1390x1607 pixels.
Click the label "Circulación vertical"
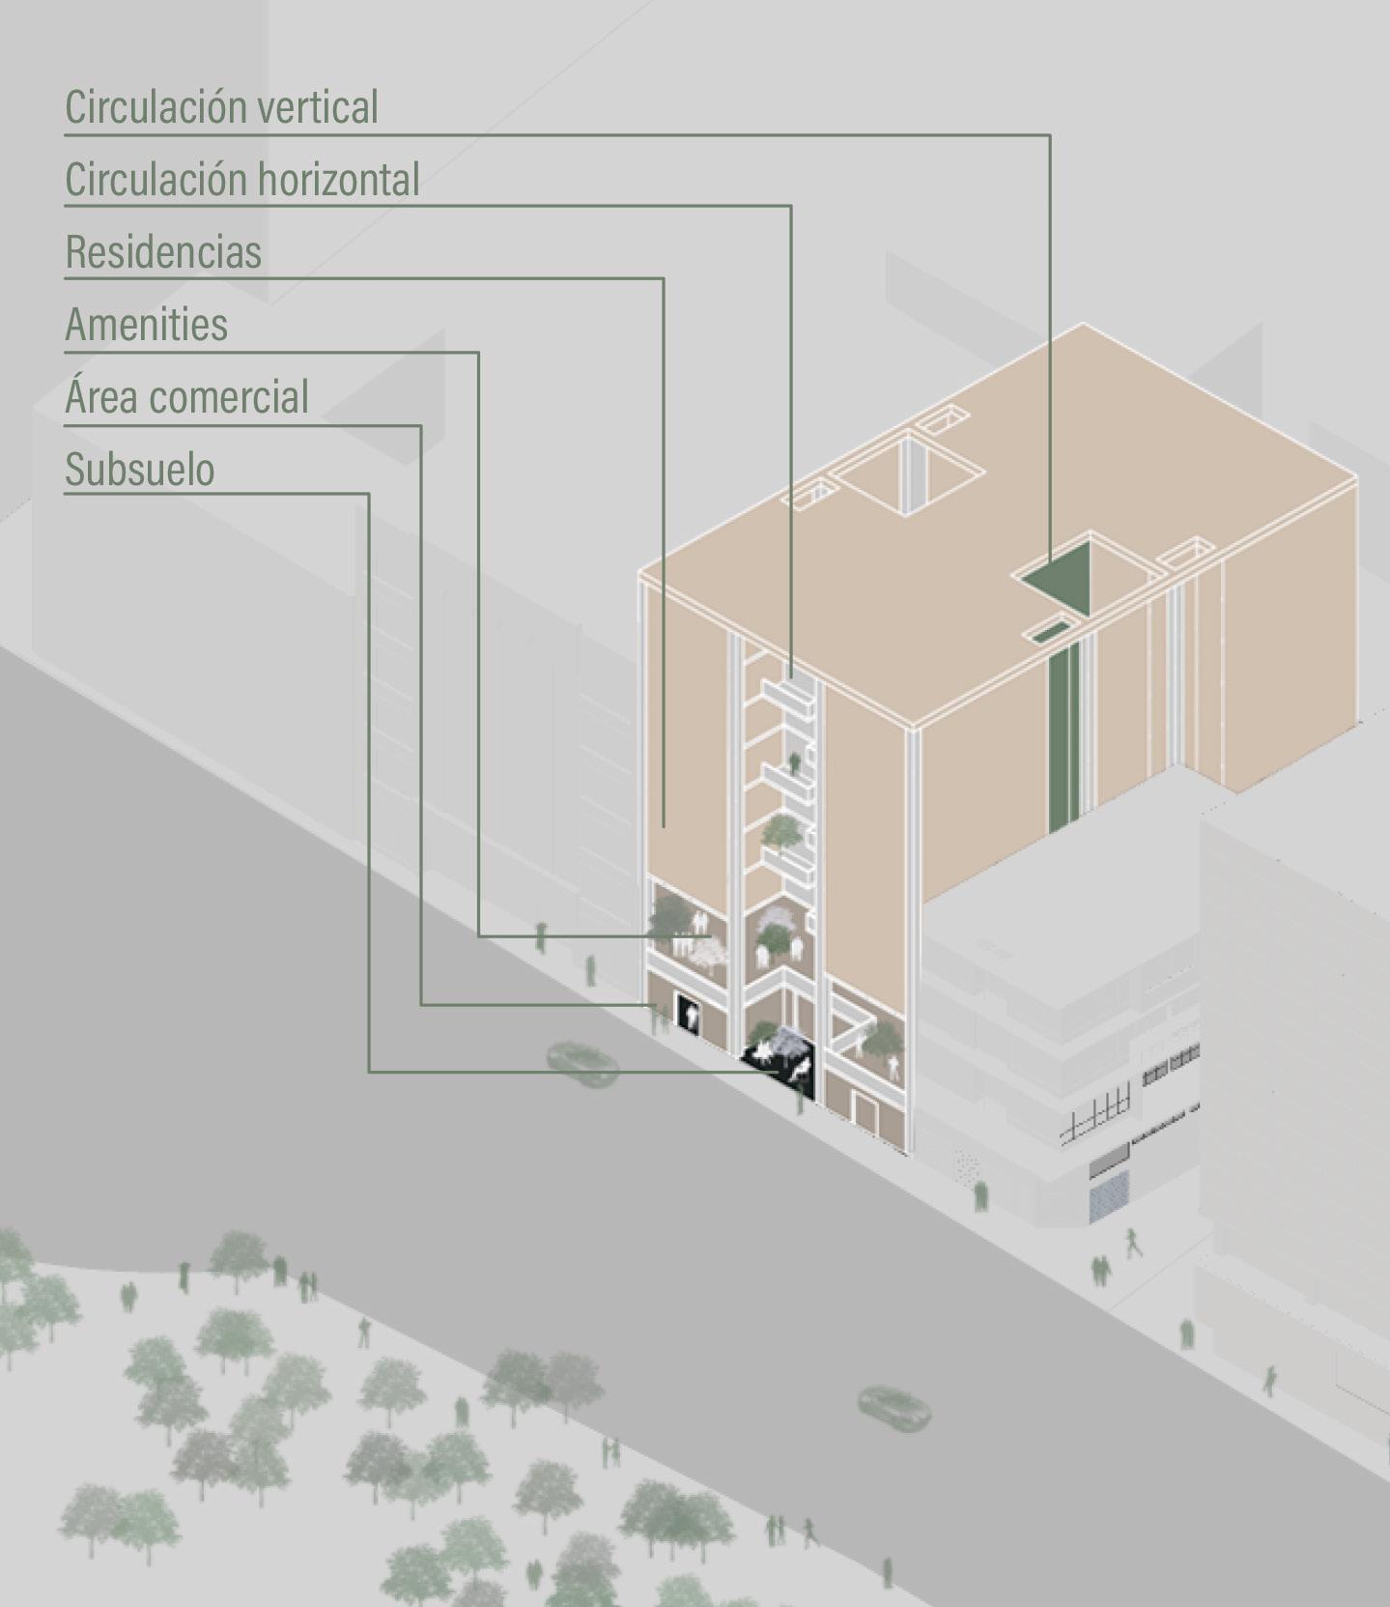tap(221, 107)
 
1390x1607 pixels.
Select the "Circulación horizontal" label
tap(241, 180)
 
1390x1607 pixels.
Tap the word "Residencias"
tap(163, 252)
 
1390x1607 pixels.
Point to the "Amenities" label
tap(147, 325)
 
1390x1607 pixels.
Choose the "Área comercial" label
tap(186, 397)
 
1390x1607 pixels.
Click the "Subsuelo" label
tap(140, 470)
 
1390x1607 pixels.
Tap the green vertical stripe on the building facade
tap(1063, 734)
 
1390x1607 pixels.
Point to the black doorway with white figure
tap(689, 1013)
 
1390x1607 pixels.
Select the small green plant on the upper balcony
tap(795, 763)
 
